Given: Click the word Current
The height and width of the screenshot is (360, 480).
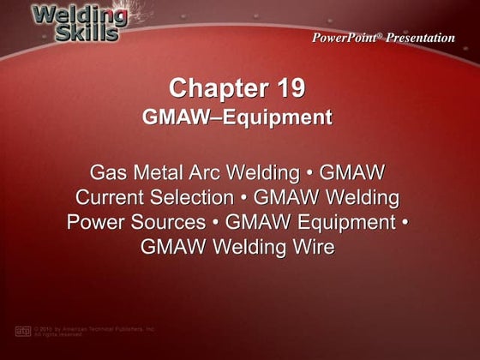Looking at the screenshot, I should coord(111,197).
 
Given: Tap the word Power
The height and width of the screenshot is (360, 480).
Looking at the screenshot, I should coord(95,223).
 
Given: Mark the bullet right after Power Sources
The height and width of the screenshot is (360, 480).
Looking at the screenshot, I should coord(209,223).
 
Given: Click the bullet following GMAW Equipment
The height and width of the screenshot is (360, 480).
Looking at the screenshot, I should coord(405,223).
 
